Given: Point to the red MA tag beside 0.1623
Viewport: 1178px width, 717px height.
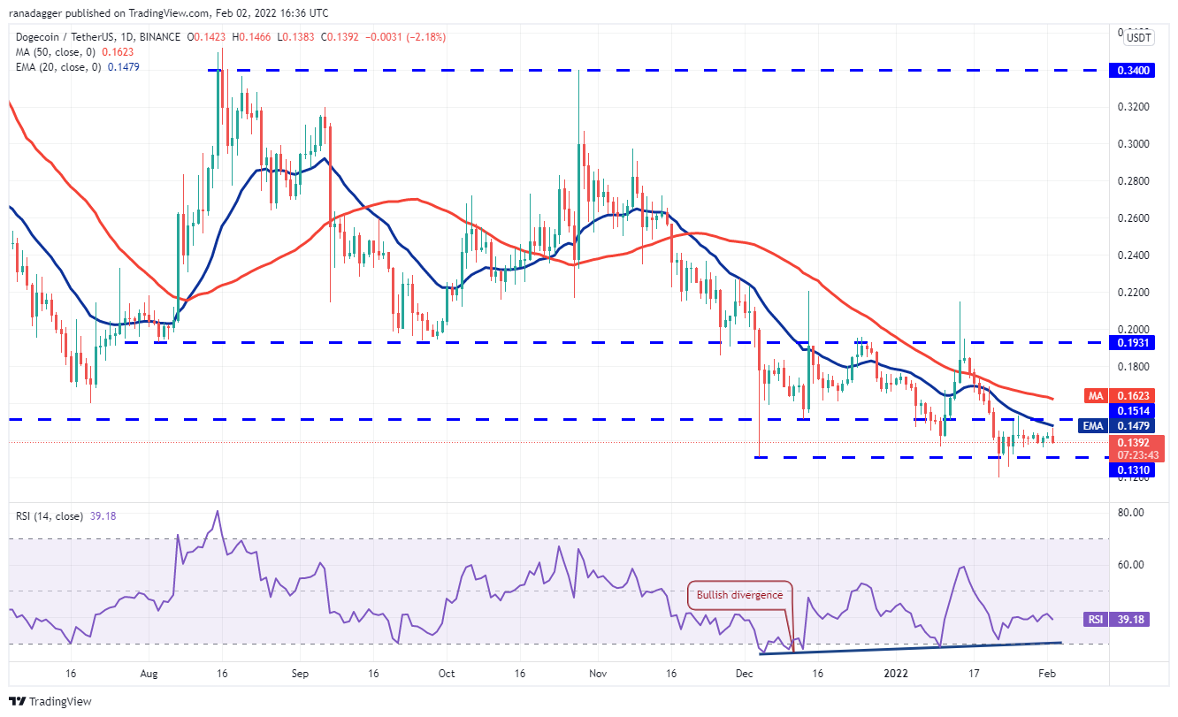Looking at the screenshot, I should [x=1094, y=398].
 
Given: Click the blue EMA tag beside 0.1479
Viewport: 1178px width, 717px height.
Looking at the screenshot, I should [x=1094, y=426].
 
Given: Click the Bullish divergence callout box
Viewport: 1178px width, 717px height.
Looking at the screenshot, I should [x=740, y=595].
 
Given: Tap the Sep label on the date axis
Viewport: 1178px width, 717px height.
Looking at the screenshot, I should [x=299, y=673].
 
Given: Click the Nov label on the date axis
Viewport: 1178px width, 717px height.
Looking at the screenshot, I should [x=598, y=673].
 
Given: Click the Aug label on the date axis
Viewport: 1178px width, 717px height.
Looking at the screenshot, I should [x=149, y=673].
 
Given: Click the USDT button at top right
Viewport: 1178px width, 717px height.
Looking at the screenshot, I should [x=1138, y=37].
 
